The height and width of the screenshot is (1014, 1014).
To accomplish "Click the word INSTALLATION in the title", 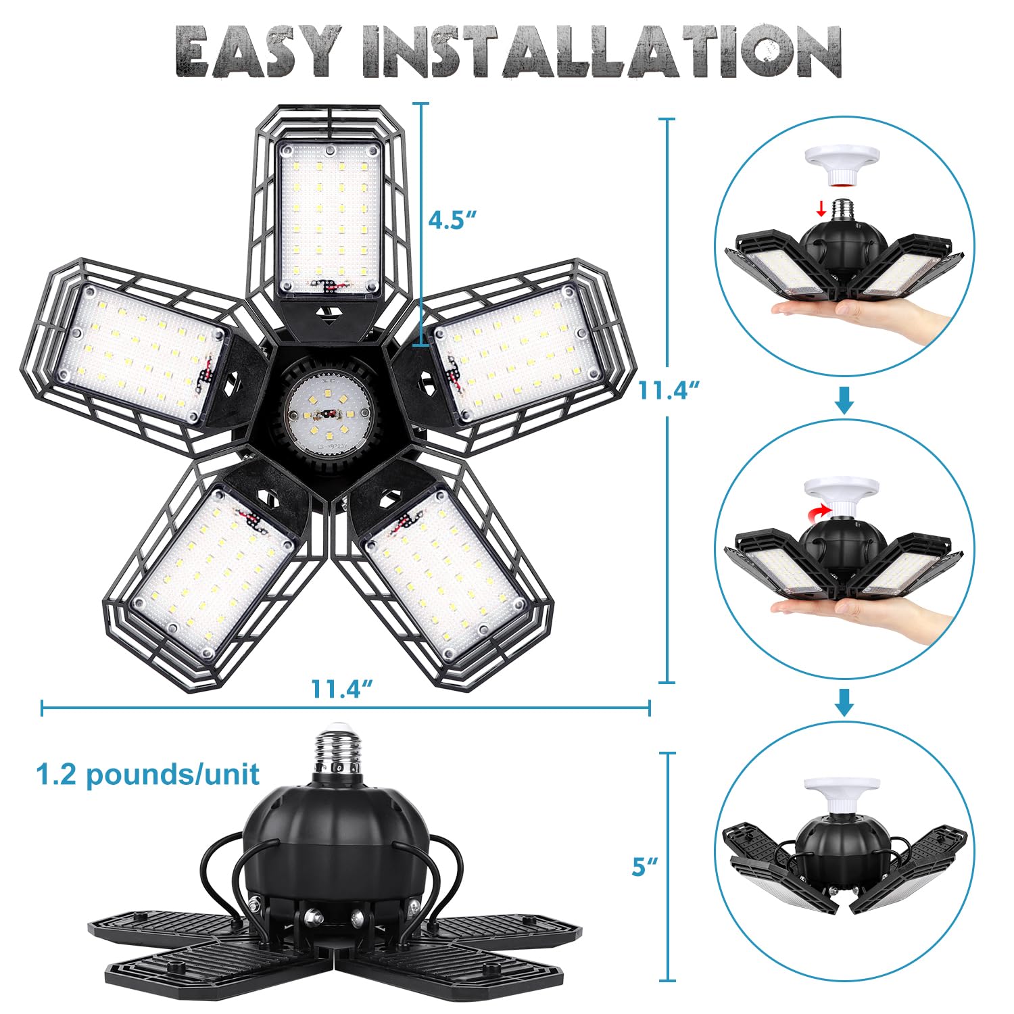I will click(602, 52).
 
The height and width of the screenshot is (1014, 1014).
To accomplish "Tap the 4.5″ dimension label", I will click(452, 220).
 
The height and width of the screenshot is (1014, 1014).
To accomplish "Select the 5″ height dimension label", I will click(645, 867).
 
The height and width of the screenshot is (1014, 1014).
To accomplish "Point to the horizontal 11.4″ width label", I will click(343, 689).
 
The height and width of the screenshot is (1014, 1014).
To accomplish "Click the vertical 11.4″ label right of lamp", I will click(669, 390).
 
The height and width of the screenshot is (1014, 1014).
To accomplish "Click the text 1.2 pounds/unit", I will click(148, 774).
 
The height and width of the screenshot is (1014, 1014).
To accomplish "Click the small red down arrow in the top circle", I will click(821, 210).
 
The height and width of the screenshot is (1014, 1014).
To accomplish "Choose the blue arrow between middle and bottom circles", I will click(844, 703).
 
